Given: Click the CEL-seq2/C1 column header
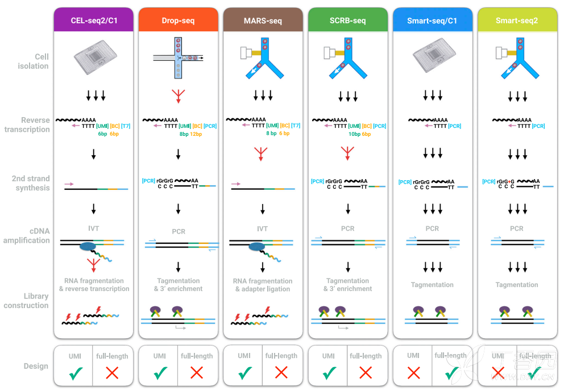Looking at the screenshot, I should tap(94, 21).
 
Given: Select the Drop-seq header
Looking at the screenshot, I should tap(179, 21).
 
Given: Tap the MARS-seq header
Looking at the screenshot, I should tap(263, 21).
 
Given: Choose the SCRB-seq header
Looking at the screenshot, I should tap(347, 21).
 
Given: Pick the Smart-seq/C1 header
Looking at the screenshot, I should tap(432, 21).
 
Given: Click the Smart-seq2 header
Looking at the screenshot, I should tap(517, 21).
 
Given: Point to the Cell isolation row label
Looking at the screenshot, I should tap(34, 61).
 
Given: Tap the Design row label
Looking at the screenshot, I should tap(36, 366).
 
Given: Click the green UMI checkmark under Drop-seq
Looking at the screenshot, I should tap(160, 373).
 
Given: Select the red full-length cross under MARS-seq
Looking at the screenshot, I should tap(281, 373).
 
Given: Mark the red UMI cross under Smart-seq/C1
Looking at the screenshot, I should tap(413, 373).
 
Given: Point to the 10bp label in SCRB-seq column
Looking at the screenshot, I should tap(354, 134).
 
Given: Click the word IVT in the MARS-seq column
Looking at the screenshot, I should tap(263, 228).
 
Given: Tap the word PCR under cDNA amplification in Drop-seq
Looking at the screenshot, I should tap(179, 231).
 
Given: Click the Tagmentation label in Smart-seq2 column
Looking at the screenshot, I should tap(517, 285).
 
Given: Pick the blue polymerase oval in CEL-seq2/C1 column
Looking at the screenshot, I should tap(88, 247).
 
